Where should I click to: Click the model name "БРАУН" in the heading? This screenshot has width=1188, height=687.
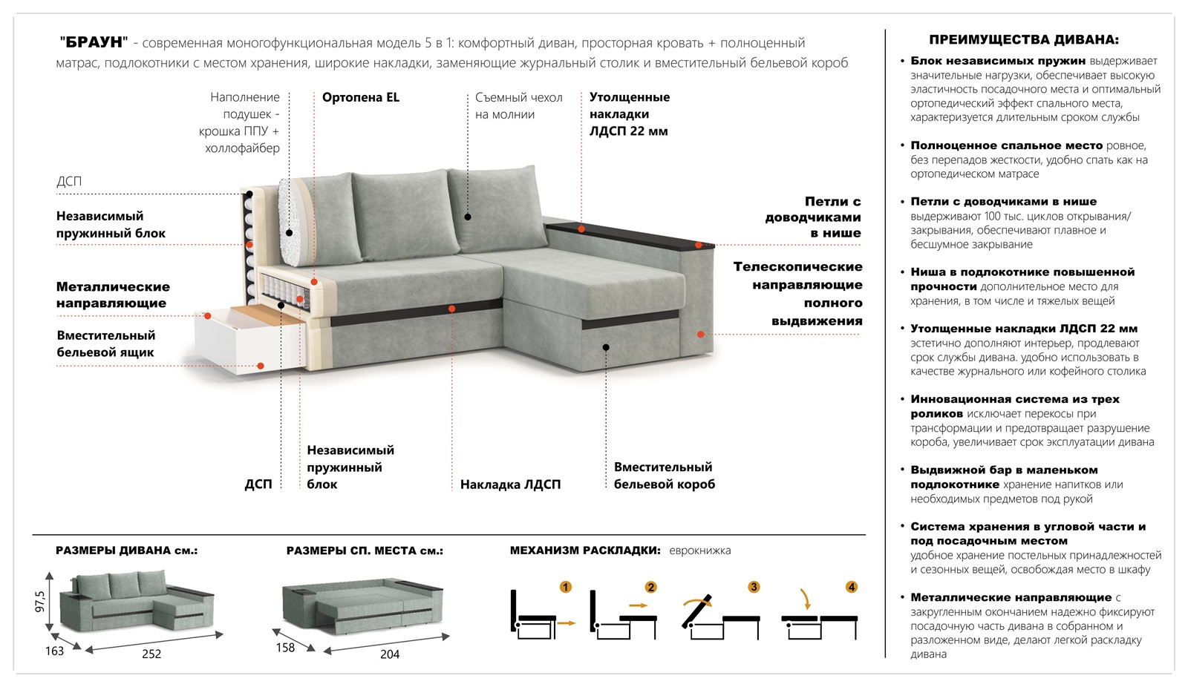(x=94, y=43)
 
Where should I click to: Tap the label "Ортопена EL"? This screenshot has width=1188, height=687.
(x=361, y=97)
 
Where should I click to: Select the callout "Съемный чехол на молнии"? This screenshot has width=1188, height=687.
(x=518, y=106)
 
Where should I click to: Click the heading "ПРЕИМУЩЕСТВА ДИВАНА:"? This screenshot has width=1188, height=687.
(x=1024, y=40)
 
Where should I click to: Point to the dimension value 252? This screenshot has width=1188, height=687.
(x=151, y=654)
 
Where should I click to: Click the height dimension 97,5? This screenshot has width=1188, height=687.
(x=40, y=601)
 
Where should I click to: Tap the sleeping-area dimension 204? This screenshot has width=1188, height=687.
(x=390, y=654)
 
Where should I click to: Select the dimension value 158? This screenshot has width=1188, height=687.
(x=285, y=648)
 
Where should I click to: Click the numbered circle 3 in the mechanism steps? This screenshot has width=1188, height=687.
(x=754, y=587)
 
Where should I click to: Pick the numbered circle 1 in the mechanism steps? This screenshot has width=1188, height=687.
(x=566, y=587)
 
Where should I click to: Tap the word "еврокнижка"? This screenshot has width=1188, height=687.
(x=699, y=550)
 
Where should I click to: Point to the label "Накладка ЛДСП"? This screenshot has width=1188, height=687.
(x=510, y=484)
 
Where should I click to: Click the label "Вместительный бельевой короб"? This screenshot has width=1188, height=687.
(x=664, y=476)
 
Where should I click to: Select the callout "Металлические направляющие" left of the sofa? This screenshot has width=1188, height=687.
(x=113, y=295)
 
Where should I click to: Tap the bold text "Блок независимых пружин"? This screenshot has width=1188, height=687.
(x=998, y=61)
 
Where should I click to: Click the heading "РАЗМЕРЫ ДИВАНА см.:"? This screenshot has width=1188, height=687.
(x=126, y=550)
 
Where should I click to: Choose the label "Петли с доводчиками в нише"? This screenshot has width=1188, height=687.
(x=815, y=217)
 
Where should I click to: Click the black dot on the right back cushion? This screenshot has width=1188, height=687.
(x=468, y=217)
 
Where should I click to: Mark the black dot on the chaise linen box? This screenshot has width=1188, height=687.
(x=606, y=347)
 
